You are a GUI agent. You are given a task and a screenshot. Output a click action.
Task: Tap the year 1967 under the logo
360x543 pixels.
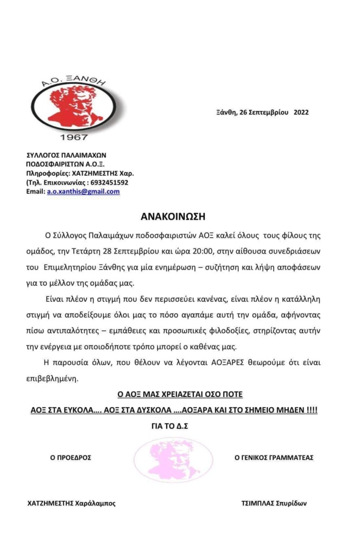click(74, 137)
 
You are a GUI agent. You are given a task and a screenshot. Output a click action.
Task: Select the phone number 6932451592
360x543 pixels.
click(110, 182)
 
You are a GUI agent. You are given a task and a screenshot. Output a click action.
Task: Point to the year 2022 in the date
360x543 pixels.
click(301, 112)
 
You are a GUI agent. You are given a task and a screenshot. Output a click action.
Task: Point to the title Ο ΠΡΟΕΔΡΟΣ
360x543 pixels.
click(71, 458)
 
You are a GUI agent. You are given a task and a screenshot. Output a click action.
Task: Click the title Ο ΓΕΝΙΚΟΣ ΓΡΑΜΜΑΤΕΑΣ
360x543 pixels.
click(274, 458)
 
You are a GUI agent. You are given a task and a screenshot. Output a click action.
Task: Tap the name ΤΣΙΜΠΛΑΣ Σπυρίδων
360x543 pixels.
click(274, 503)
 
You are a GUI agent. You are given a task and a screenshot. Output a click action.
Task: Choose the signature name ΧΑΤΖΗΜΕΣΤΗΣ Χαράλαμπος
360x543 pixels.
click(71, 503)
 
